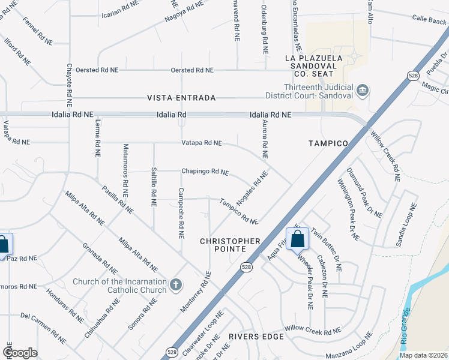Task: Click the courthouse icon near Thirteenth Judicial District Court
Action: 363,91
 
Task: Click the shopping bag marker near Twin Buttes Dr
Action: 297,239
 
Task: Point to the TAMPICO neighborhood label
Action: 328,143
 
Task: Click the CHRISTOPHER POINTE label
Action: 231,245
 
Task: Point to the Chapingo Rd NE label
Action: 205,172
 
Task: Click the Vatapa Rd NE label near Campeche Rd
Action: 202,143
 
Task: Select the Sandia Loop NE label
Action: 406,225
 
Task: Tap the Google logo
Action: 20,352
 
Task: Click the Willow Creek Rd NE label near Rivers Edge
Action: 312,329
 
